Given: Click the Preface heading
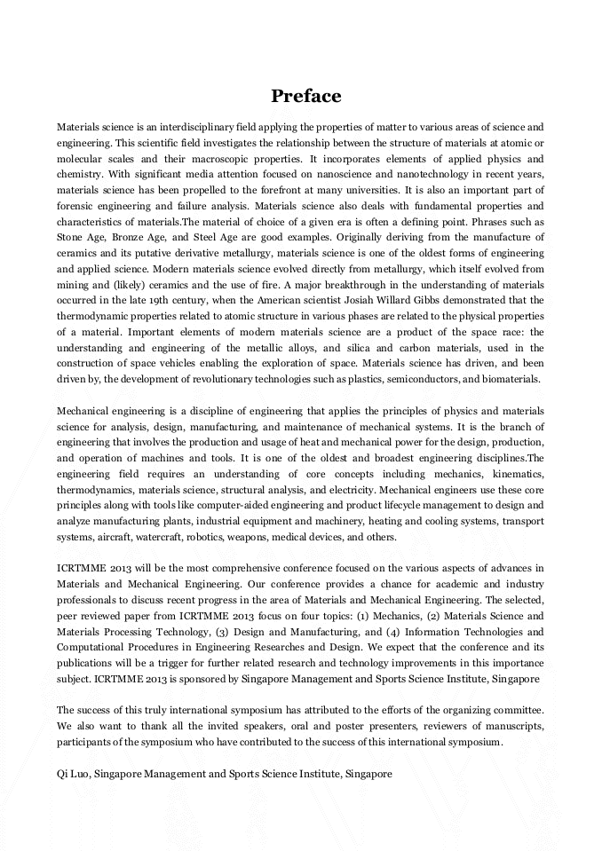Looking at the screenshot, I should [x=305, y=96].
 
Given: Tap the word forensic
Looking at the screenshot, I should [x=75, y=207].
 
